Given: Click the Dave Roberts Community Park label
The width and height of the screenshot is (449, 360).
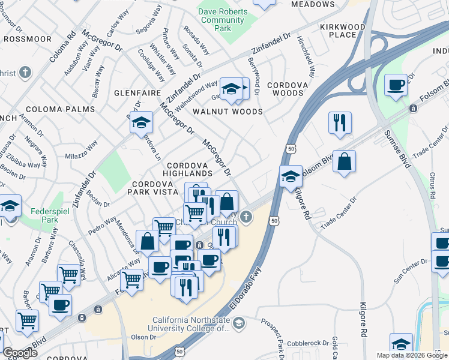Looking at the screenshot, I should pyautogui.click(x=222, y=20).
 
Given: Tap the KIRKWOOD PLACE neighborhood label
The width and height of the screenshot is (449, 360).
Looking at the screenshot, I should pyautogui.click(x=342, y=31).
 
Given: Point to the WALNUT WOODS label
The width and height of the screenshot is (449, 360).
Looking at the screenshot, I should pyautogui.click(x=228, y=112).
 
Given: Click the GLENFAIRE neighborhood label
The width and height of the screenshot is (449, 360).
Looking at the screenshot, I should pyautogui.click(x=137, y=94).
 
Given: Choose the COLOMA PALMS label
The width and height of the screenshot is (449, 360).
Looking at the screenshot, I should pyautogui.click(x=60, y=109).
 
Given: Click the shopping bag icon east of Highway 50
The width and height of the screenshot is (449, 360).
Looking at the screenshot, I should pyautogui.click(x=344, y=161).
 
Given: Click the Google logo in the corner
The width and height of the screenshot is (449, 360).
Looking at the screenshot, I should pyautogui.click(x=20, y=352).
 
